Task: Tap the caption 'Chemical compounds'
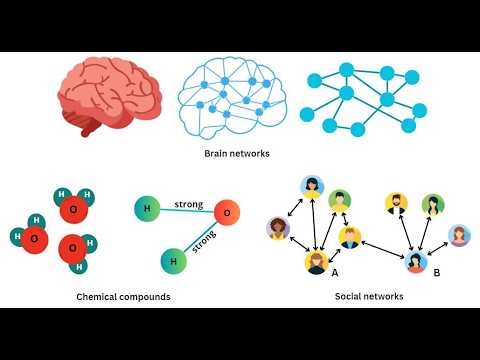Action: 123,297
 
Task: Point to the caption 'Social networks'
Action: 370,297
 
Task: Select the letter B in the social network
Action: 436,271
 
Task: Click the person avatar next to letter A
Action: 316,263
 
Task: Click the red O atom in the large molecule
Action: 226,213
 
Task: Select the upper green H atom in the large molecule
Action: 146,208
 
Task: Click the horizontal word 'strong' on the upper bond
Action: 188,205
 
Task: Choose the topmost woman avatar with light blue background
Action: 312,186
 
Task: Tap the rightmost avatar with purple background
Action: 459,236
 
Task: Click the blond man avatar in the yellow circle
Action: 349,237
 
